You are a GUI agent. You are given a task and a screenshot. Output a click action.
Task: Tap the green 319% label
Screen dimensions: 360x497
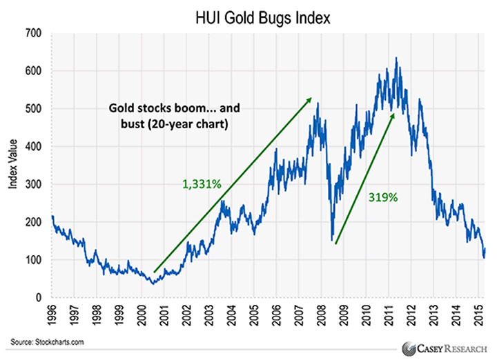pyautogui.click(x=382, y=197)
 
